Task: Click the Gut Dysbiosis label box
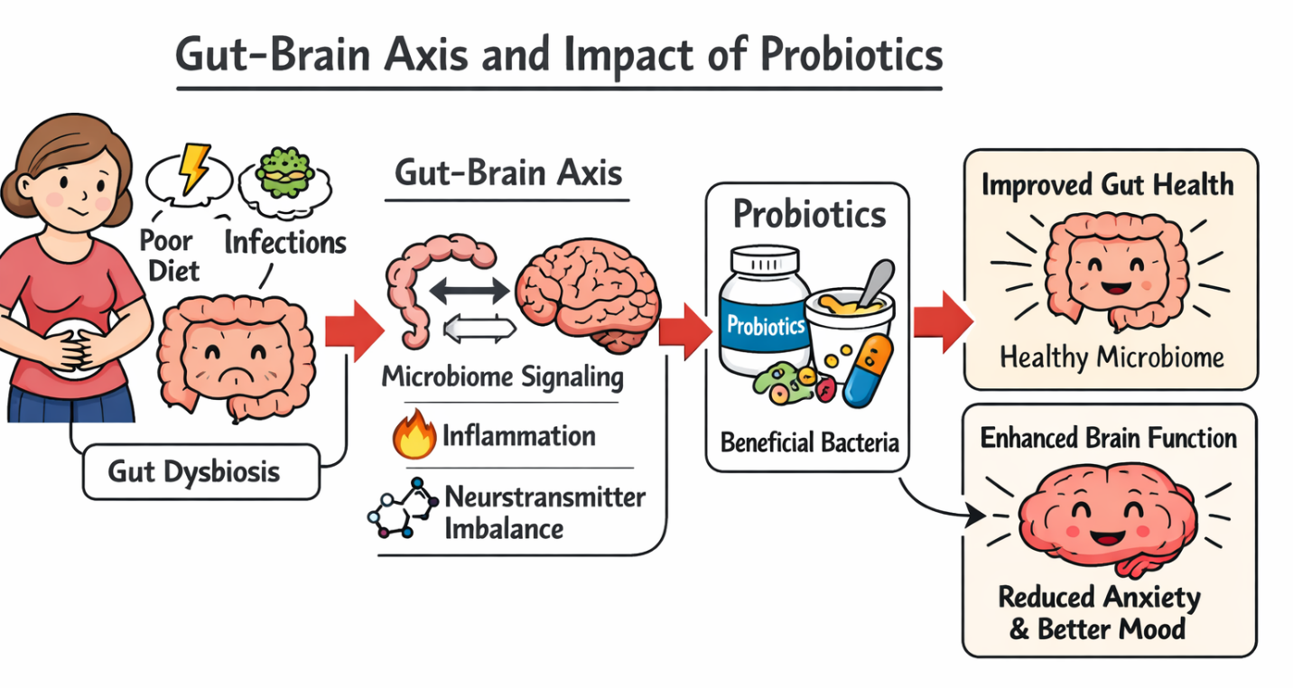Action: tap(200, 471)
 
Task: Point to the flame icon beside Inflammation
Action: tap(414, 436)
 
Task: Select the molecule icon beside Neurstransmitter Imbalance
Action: tap(402, 510)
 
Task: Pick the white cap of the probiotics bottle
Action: tap(766, 262)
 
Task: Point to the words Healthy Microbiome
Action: tap(1111, 358)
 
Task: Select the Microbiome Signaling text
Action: tap(502, 377)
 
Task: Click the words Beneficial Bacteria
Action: tap(809, 442)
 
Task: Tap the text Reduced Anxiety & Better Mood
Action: tap(1097, 612)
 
